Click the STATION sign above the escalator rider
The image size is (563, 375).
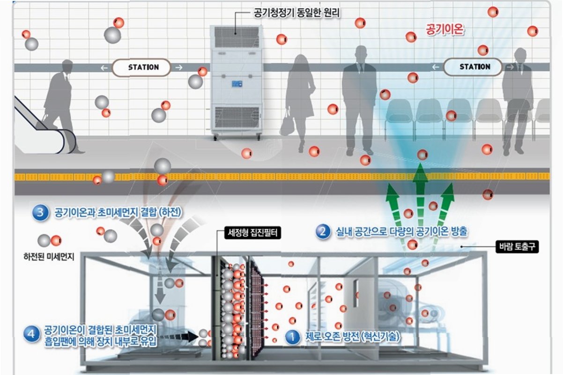(143, 67)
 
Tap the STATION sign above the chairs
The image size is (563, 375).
(474, 67)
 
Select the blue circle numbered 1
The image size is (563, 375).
(292, 337)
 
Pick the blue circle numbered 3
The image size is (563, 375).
(41, 213)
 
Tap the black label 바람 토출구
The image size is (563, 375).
(517, 247)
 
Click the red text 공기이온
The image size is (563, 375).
(444, 29)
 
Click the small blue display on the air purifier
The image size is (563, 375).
(237, 84)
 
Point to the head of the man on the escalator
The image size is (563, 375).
(67, 65)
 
